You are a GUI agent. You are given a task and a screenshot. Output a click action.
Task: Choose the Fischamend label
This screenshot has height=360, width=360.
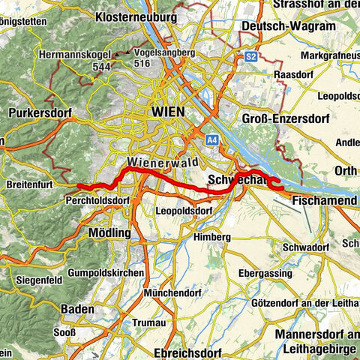click(322, 202)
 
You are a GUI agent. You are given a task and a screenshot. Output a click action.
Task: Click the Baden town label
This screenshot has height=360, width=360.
click(77, 309)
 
